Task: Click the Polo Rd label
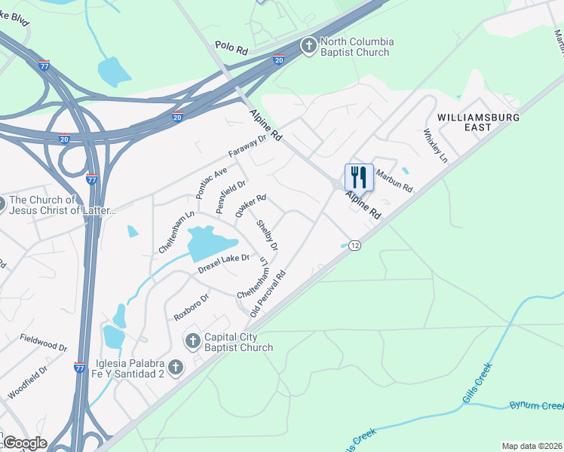(231, 47)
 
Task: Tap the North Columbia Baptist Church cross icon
(308, 47)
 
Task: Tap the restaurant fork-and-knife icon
(359, 178)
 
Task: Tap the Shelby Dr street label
(268, 235)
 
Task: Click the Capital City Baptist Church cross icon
(192, 341)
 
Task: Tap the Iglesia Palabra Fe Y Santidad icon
(175, 368)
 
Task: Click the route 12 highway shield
(355, 246)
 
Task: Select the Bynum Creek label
(536, 405)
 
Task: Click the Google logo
(25, 443)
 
